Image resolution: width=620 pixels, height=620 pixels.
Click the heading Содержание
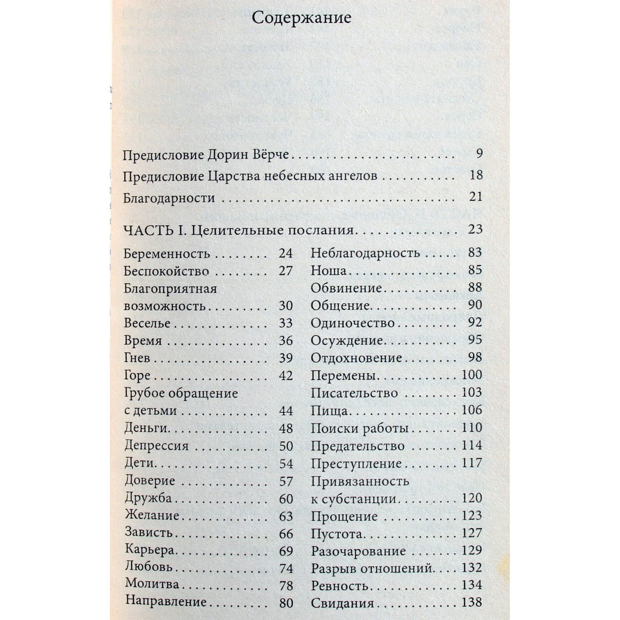[301, 18]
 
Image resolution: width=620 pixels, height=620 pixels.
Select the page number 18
[476, 175]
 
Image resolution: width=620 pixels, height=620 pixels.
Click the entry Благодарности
[169, 198]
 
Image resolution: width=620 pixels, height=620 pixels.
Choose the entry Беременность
[167, 254]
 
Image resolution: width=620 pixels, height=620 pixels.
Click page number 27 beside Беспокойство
[285, 271]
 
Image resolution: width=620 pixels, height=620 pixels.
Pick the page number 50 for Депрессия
[286, 446]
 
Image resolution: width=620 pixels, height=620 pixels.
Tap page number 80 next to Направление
[286, 603]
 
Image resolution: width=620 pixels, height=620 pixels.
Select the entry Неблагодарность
[365, 253]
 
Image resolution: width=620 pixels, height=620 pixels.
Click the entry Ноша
[328, 271]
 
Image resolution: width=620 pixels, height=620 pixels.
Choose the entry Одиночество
[353, 323]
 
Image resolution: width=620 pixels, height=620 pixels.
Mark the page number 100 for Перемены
[472, 375]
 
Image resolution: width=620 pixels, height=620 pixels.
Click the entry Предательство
[358, 446]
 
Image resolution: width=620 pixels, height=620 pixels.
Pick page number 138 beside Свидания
[472, 602]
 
